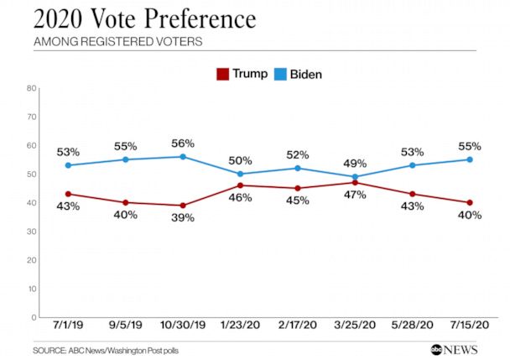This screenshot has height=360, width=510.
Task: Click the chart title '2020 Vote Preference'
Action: tap(144, 18)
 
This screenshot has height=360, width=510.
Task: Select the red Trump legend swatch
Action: tap(222, 74)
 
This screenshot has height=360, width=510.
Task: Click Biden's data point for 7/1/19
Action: tap(69, 165)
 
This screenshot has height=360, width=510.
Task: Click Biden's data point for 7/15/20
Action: tap(470, 159)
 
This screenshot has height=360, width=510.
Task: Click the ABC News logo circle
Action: tap(438, 349)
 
